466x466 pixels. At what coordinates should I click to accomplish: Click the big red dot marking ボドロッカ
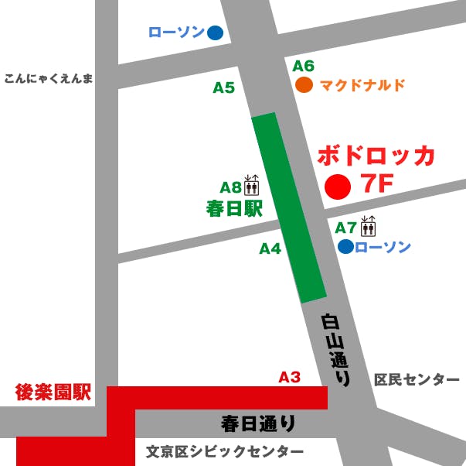coord(338,187)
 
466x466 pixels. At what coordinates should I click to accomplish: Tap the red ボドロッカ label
coord(376,155)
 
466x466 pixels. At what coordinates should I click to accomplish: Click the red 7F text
coord(377,187)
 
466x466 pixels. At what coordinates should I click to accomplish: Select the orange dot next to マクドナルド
coord(304,85)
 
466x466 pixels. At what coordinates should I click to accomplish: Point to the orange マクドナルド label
coord(362,85)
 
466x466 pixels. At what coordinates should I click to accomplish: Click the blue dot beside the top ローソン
coord(215,33)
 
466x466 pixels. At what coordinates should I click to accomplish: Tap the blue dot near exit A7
coord(345,247)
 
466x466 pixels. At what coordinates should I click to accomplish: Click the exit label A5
coord(223,88)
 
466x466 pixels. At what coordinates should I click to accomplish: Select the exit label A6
coord(304,66)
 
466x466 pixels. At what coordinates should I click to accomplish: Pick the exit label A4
coord(270,248)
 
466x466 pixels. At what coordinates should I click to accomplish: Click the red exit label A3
coord(289,377)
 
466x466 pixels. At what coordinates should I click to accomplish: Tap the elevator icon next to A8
coord(252,186)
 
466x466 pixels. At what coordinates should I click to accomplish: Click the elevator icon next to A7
coord(368,226)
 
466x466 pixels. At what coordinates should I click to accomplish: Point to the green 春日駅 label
coord(234,208)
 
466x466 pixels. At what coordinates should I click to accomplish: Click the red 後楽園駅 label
coord(53,392)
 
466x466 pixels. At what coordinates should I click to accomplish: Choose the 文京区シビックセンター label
coord(225,451)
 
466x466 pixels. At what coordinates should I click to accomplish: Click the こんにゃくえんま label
coord(48,78)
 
